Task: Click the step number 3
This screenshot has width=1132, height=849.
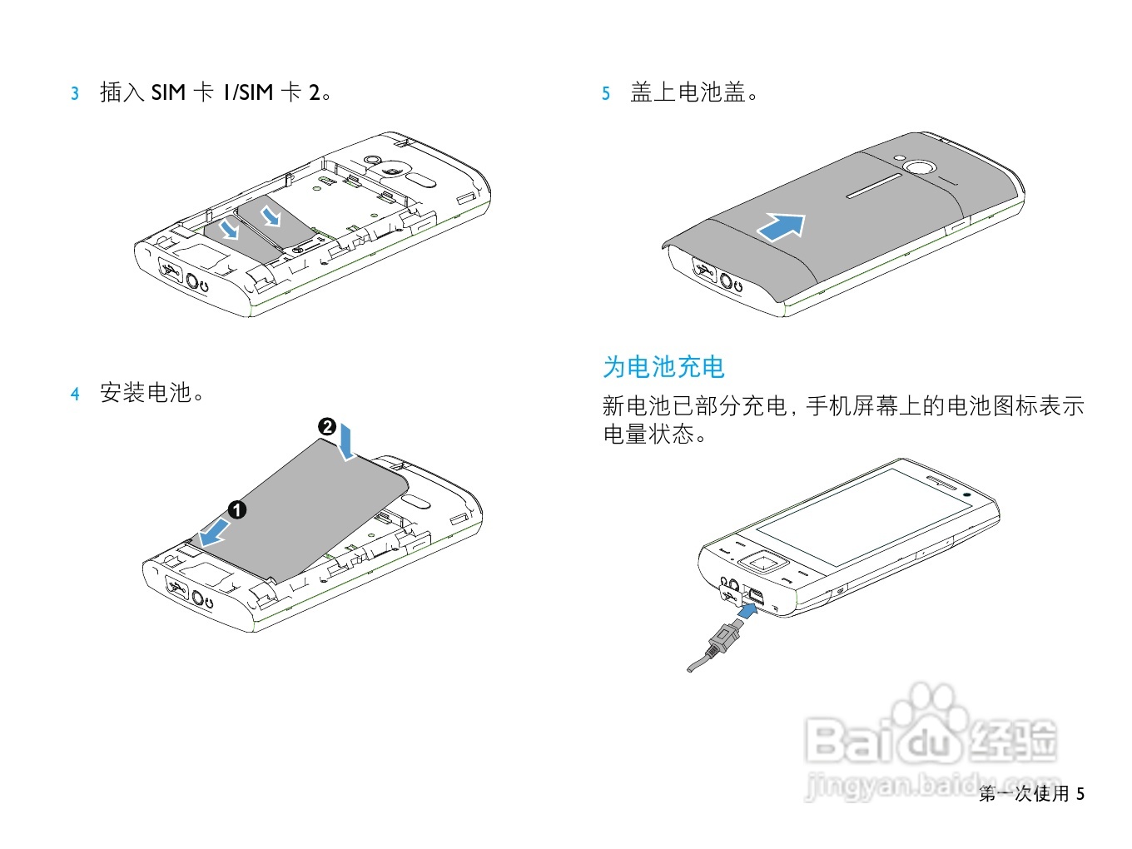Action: tap(75, 93)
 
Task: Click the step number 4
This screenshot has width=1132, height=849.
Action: tap(75, 394)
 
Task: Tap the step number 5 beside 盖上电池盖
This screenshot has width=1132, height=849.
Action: tap(606, 93)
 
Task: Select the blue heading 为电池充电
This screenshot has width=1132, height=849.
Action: tap(663, 367)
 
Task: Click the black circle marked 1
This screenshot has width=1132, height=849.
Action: tap(237, 509)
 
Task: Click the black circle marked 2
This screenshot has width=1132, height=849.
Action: tap(327, 427)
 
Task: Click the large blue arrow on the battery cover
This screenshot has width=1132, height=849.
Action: tap(782, 226)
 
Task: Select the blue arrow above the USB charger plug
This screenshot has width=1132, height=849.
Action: tap(748, 612)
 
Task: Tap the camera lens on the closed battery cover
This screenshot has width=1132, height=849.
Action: tap(919, 168)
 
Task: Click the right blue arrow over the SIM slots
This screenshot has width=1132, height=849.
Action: tap(271, 216)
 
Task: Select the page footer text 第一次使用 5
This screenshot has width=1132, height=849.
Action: tap(1031, 793)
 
